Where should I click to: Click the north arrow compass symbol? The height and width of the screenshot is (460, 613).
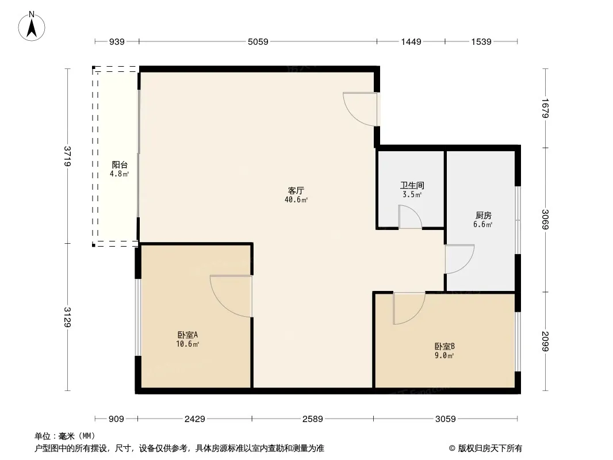click(32, 26)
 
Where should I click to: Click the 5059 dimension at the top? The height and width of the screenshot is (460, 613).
click(258, 41)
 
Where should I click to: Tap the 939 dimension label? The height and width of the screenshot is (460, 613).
click(117, 41)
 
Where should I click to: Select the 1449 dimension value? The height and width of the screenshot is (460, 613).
click(411, 41)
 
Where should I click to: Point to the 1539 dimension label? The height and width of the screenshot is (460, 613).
click(481, 41)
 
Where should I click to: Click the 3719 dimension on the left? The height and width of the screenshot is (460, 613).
click(68, 156)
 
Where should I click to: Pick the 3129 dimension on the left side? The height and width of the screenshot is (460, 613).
click(68, 317)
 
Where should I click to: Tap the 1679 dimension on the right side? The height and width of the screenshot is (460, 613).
click(545, 108)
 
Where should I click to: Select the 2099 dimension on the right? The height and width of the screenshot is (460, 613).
click(545, 341)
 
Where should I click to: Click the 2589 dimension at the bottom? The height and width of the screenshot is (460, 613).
click(313, 419)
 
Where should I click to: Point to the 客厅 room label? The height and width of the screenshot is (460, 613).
click(296, 191)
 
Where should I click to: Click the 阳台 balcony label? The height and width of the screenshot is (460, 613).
click(120, 165)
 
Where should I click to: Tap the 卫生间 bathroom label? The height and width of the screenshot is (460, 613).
click(412, 185)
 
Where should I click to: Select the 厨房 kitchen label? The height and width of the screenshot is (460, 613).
click(484, 216)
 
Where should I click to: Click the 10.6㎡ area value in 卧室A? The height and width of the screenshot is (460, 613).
click(187, 344)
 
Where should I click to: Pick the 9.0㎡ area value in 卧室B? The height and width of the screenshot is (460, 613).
click(444, 356)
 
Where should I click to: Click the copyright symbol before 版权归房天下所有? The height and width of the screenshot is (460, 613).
click(452, 448)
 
